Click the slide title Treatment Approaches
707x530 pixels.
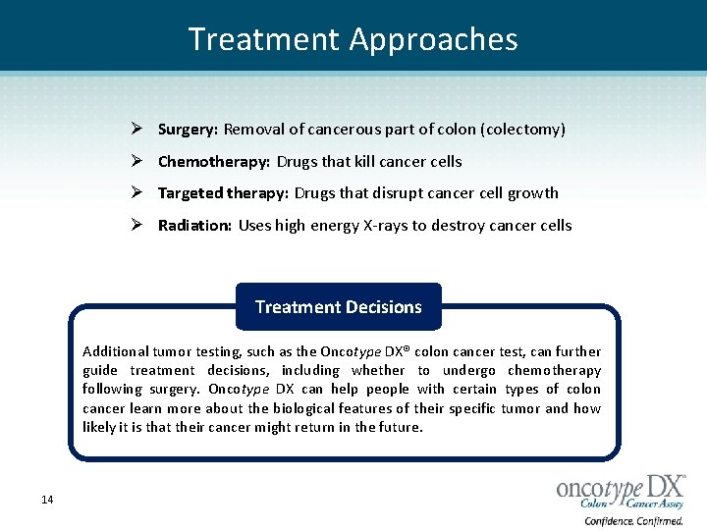[353, 39]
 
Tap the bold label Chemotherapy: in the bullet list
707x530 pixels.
[214, 162]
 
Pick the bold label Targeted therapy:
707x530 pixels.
[223, 193]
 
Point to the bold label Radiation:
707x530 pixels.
[194, 226]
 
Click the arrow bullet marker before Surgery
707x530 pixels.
[139, 130]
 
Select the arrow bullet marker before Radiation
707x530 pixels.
[139, 226]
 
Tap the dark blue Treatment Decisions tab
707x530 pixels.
[339, 307]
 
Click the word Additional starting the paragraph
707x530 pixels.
[116, 351]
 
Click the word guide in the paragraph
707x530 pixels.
[100, 370]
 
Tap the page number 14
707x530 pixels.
[47, 501]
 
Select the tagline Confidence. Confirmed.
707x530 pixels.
[633, 521]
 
